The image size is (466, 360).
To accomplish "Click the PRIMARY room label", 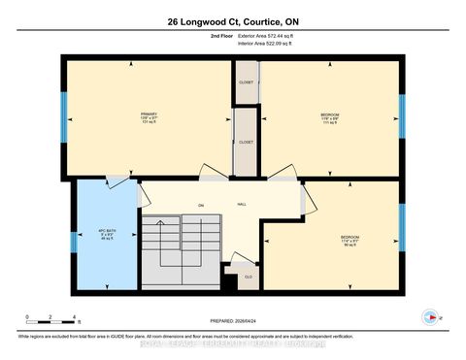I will (149, 114).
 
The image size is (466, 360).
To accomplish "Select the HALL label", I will (241, 205).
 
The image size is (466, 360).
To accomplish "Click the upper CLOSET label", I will (246, 82).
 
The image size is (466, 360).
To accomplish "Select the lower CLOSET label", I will (246, 143).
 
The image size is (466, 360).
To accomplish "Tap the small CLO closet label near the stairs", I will (249, 277).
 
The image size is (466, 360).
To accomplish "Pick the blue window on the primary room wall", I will (64, 114).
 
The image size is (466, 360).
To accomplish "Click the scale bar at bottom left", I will (51, 321).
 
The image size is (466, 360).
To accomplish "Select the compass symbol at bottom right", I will (427, 316).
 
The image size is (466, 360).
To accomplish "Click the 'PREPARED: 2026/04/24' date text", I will (233, 321).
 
